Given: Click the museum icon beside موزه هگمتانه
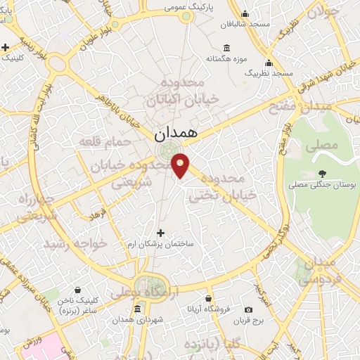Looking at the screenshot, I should [226, 48].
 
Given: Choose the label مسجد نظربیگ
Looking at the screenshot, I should [267, 72].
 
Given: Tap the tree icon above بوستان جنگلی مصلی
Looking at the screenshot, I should [322, 173].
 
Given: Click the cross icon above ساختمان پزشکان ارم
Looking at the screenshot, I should [160, 233].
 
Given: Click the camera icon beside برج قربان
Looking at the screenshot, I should [247, 309].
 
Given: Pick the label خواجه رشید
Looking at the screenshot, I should [74, 243].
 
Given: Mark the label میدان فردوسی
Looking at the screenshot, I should [315, 271].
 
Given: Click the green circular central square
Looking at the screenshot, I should [168, 151].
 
